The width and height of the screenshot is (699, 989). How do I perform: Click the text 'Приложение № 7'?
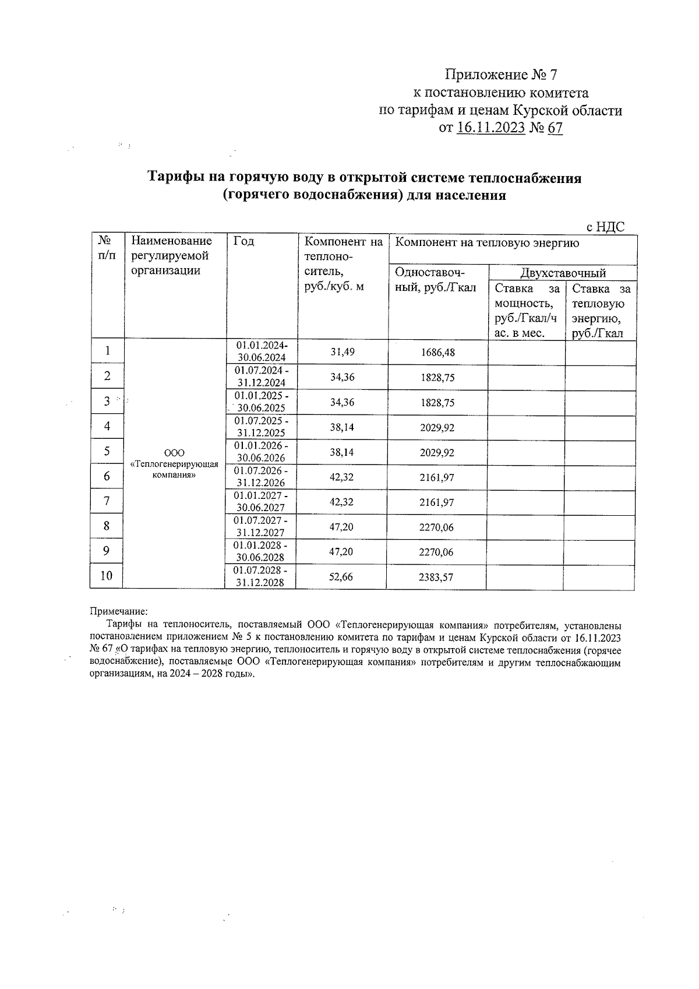tap(501, 75)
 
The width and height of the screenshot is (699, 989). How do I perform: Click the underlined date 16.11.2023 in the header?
tap(490, 128)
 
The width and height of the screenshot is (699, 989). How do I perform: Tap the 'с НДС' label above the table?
tap(605, 227)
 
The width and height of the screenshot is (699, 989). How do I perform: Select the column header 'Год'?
tap(243, 241)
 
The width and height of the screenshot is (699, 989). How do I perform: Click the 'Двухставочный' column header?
tap(563, 273)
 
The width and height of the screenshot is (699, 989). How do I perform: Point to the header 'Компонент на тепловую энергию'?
tap(487, 243)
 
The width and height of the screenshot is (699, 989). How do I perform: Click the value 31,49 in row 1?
tap(342, 352)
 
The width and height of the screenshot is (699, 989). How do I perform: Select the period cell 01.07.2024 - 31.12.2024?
tap(260, 377)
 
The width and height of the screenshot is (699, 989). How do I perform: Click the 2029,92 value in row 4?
tap(437, 428)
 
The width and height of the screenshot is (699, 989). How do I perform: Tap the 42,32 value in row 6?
tap(342, 477)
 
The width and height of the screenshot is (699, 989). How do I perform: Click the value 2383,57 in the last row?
tap(436, 578)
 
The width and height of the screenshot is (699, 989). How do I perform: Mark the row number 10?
tap(106, 576)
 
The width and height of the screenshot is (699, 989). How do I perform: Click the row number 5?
tap(107, 452)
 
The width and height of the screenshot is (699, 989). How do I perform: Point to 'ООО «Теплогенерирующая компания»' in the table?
tap(175, 464)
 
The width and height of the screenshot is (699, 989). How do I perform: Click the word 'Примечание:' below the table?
tap(119, 611)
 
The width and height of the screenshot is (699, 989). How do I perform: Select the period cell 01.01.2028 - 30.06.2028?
tap(260, 551)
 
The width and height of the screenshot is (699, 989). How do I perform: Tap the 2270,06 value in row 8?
tap(436, 527)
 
